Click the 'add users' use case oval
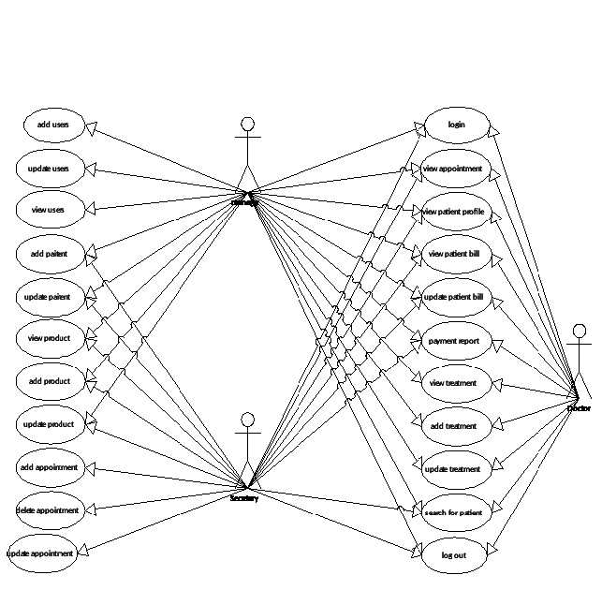(x=52, y=124)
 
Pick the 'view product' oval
(x=49, y=337)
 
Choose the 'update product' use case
(x=49, y=424)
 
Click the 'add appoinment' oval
(x=49, y=466)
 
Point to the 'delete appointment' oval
(x=48, y=510)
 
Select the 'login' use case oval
(x=457, y=125)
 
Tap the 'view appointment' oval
(x=453, y=169)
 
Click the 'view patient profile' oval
(x=453, y=212)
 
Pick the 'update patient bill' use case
(x=453, y=297)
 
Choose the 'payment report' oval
(x=453, y=341)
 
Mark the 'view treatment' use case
(x=453, y=383)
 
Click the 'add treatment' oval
(x=453, y=426)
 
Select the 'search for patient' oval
(x=453, y=512)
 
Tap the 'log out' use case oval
(x=453, y=555)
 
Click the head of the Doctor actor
(x=580, y=331)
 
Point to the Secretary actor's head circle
(x=248, y=419)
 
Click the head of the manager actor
(x=248, y=124)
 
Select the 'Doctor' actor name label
(x=580, y=408)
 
